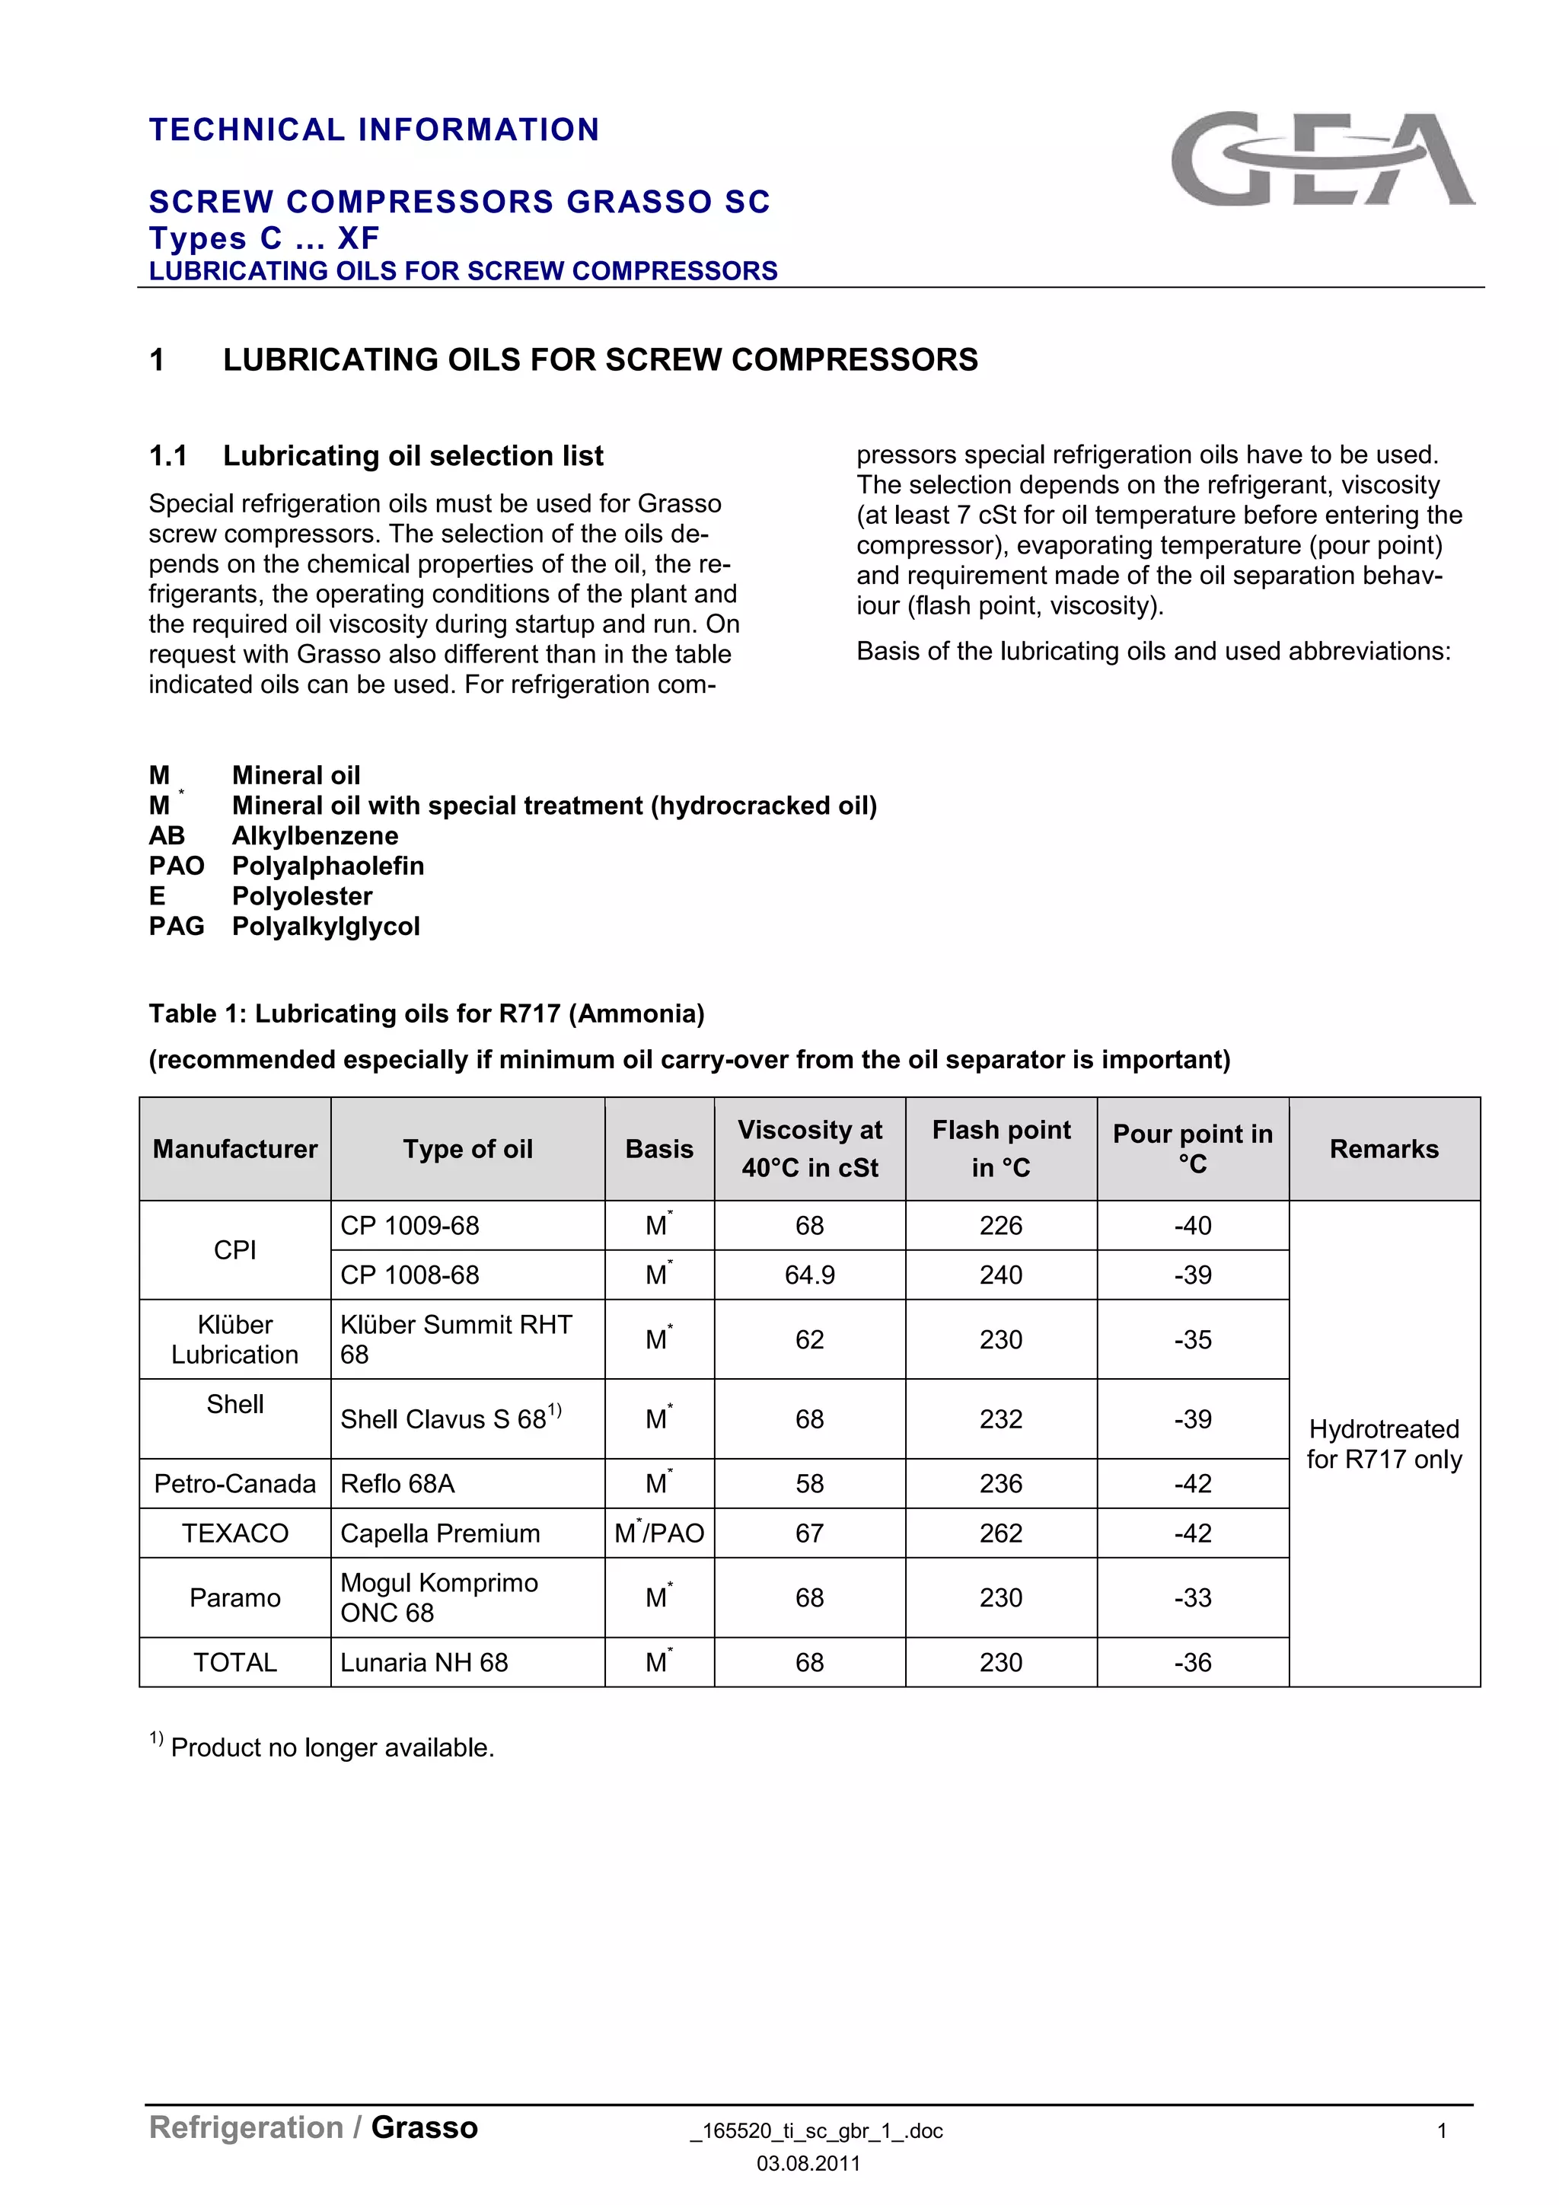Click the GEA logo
(1323, 158)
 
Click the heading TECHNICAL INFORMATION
(375, 129)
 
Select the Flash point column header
(1000, 1149)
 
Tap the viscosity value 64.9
(809, 1275)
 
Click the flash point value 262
(1000, 1533)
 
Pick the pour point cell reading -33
(1192, 1598)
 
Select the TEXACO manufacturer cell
(235, 1533)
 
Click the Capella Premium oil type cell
(440, 1533)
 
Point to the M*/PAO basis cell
(659, 1533)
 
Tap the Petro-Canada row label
(235, 1484)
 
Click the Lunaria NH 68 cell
(423, 1662)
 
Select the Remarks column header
(1383, 1149)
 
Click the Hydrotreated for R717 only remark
(1383, 1444)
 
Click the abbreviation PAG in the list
(177, 927)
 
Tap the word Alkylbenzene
(315, 837)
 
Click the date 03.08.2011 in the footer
(808, 2164)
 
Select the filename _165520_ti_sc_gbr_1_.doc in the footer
(816, 2131)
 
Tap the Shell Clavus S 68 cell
(449, 1419)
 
